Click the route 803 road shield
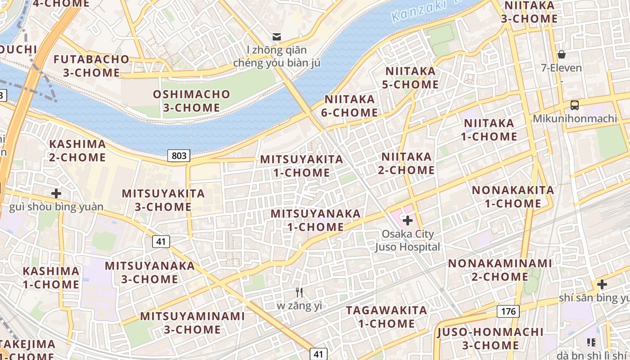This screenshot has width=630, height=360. [179, 156]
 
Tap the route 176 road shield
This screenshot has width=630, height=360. [508, 311]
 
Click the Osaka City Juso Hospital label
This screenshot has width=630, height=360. [408, 240]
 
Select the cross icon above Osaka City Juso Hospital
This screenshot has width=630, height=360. [408, 220]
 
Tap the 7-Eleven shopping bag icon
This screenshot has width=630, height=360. [561, 55]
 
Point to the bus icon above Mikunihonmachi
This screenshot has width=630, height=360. [575, 105]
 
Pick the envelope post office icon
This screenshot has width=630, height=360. [277, 36]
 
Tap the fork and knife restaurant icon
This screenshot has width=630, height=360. [299, 292]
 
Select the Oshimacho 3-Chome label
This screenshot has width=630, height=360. [191, 101]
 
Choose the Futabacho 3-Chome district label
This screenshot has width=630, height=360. [91, 66]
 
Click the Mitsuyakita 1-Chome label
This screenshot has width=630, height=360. [301, 166]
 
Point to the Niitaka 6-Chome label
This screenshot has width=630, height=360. [349, 105]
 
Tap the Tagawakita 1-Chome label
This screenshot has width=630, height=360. [387, 316]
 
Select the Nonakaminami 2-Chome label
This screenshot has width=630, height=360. [499, 269]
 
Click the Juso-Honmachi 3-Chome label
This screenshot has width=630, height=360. [490, 338]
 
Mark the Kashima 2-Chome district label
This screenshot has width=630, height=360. [77, 151]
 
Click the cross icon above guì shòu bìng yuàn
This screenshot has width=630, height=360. [56, 193]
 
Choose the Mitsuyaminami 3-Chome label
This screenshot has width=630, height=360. [192, 322]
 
